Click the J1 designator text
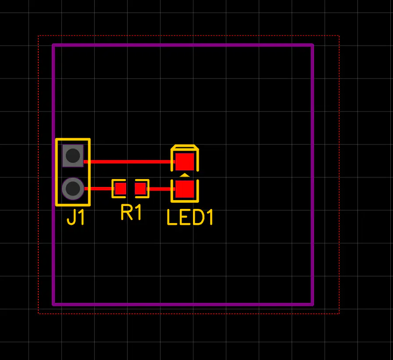point(76,218)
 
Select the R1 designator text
point(131,213)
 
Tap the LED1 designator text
point(190,217)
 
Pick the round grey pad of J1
point(73,189)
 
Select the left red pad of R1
point(121,189)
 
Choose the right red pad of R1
point(140,189)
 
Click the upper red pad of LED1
point(185,161)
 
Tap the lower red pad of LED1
point(185,189)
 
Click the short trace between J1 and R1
point(99,189)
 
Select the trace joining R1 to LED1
point(160,189)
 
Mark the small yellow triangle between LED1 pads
point(185,175)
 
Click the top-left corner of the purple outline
point(54,45)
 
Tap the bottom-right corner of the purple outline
point(312,304)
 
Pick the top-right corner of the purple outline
point(312,45)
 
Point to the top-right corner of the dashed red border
point(339,36)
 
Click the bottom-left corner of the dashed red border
point(39,313)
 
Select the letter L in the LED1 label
point(171,217)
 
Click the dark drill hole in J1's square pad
point(73,155)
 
